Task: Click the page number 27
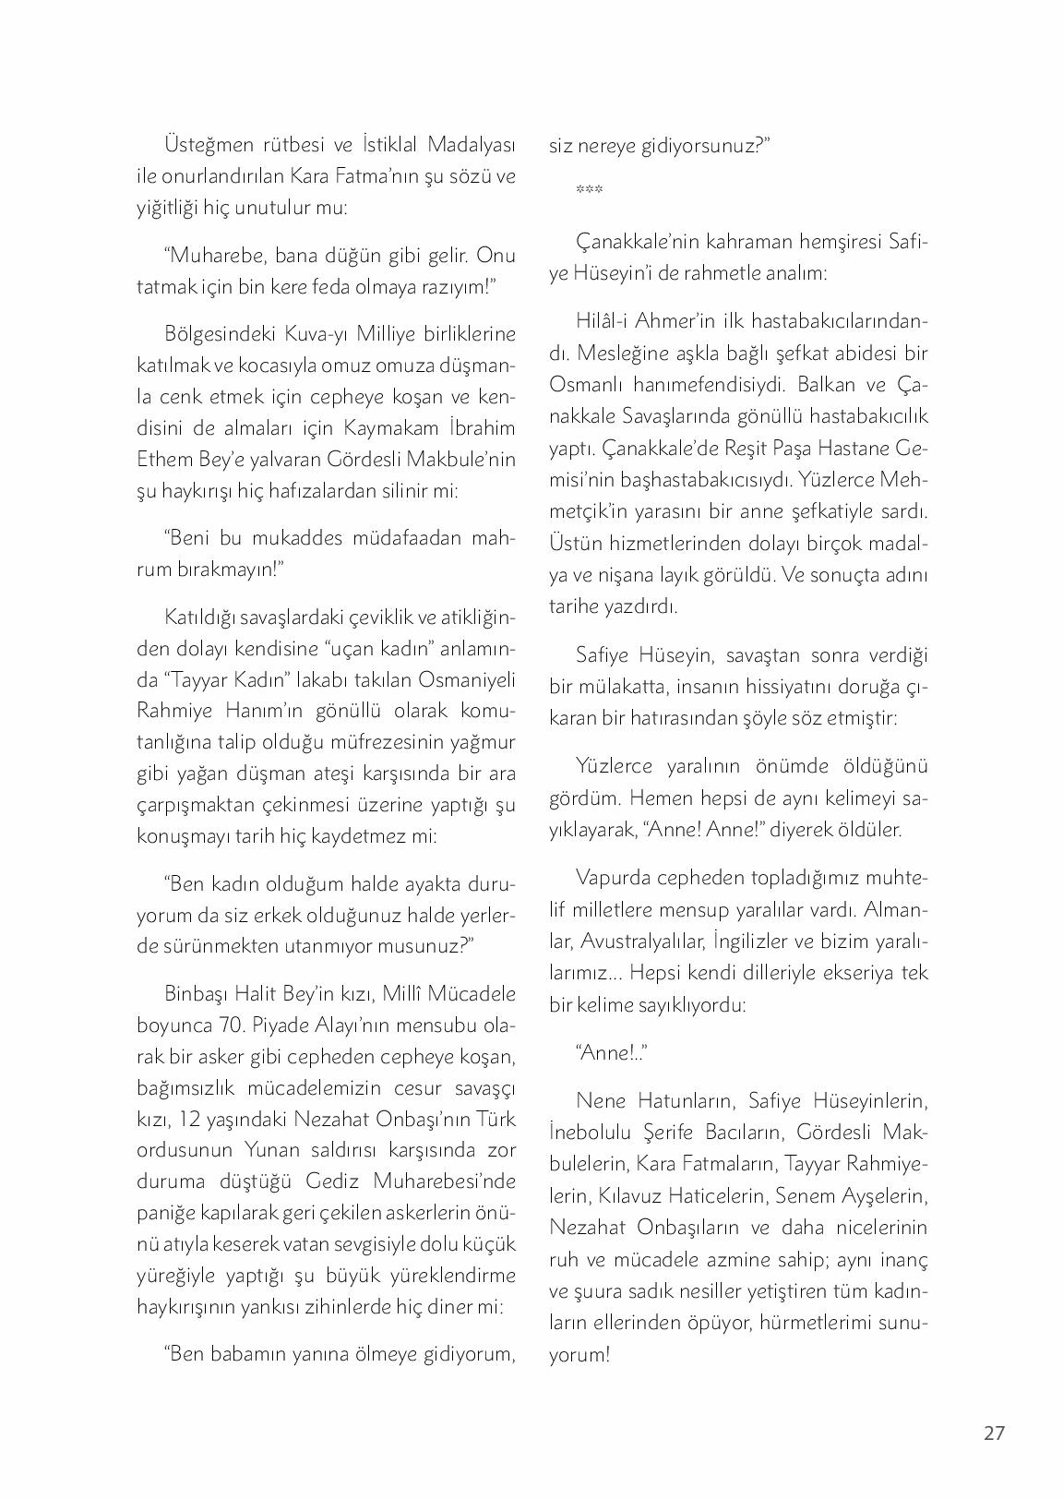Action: [993, 1433]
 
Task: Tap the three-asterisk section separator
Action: [589, 191]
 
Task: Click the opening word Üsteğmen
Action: [209, 145]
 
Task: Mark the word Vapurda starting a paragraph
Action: [614, 877]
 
